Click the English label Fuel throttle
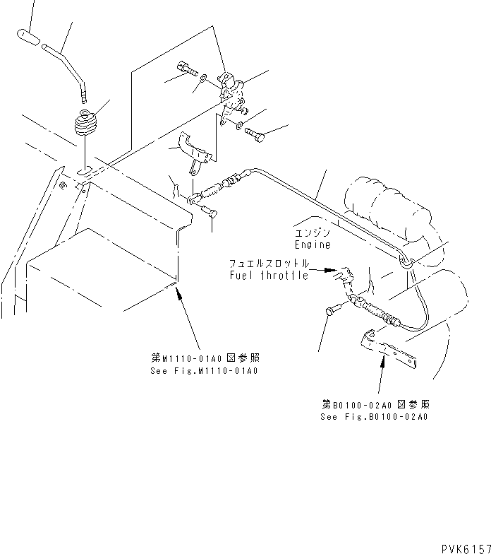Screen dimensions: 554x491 (269, 276)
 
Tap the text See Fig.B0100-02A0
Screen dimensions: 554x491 (374, 417)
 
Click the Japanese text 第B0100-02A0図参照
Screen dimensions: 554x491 (375, 405)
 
